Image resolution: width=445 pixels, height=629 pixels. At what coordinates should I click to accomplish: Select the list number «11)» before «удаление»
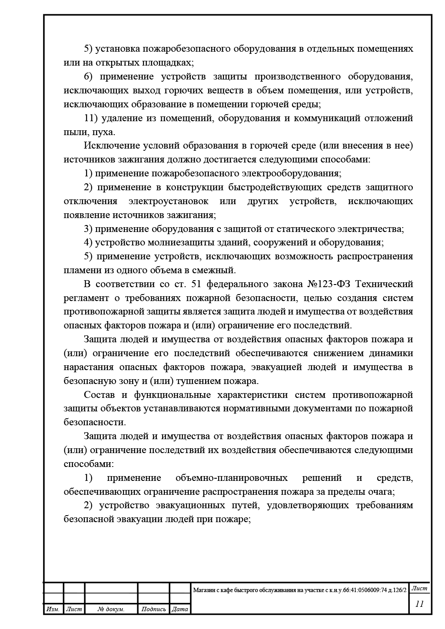click(x=92, y=118)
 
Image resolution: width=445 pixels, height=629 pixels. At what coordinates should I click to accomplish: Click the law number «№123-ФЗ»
click(x=329, y=284)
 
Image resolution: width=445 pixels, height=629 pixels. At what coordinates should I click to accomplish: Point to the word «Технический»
click(x=384, y=284)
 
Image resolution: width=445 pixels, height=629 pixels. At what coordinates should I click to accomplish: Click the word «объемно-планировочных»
click(x=232, y=478)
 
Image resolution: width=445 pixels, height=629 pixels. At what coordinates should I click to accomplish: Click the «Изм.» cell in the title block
click(x=53, y=609)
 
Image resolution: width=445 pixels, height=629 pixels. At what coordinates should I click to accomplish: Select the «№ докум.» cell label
click(x=111, y=609)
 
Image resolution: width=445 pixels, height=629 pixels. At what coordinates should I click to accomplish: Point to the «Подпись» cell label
click(x=153, y=609)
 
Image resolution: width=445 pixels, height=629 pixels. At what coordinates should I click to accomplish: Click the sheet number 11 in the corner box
click(x=419, y=604)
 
